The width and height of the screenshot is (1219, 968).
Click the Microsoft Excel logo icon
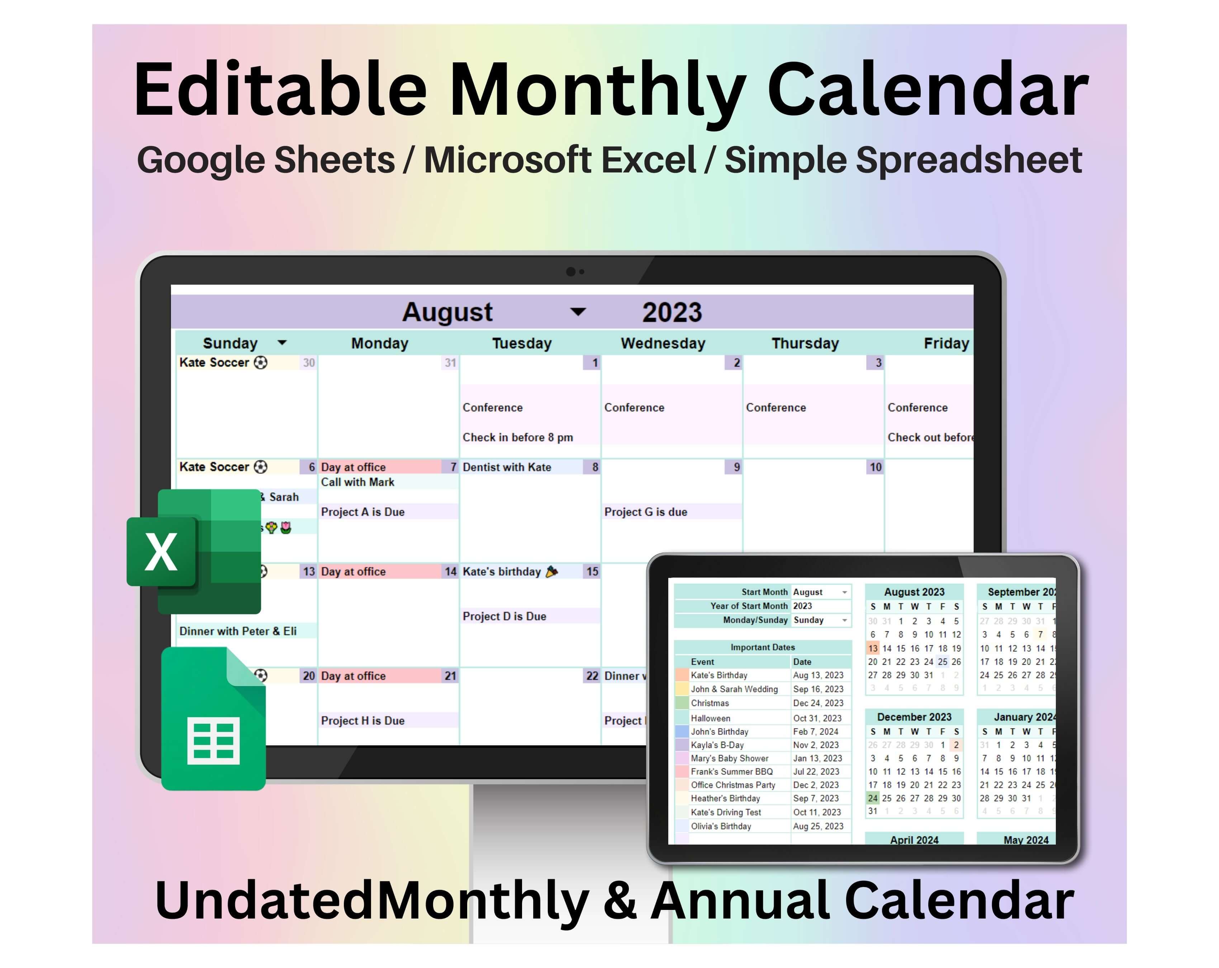click(194, 551)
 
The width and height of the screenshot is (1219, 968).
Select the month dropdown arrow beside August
click(578, 312)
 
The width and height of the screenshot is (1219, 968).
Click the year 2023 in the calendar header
click(672, 312)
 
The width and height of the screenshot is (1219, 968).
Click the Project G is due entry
click(646, 512)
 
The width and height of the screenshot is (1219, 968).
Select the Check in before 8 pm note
click(517, 437)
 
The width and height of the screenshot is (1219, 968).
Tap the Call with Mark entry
click(357, 482)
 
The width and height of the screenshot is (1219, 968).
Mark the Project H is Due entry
click(362, 720)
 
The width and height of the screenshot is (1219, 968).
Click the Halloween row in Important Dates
click(710, 718)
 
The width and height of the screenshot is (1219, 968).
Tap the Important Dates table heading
click(762, 647)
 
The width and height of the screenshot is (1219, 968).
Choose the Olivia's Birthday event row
click(721, 826)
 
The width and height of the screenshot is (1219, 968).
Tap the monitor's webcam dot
click(571, 271)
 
